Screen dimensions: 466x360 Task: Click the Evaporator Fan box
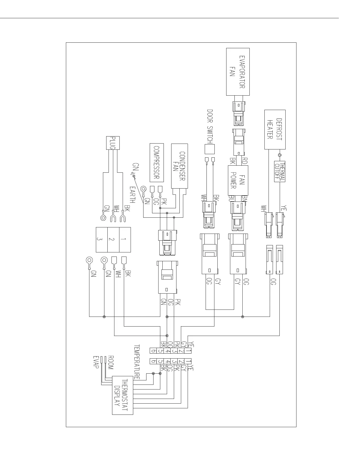click(x=238, y=72)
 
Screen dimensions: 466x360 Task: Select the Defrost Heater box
click(x=275, y=129)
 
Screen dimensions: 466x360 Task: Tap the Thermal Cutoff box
click(x=279, y=171)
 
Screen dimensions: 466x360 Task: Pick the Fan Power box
click(x=238, y=180)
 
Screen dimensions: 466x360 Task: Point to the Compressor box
click(x=156, y=163)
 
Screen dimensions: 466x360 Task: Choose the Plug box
click(x=112, y=143)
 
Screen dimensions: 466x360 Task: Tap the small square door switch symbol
click(x=210, y=149)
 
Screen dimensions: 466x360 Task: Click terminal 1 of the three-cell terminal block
click(x=125, y=239)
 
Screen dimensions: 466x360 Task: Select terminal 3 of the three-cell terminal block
click(x=102, y=239)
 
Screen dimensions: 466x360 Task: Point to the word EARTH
click(x=133, y=195)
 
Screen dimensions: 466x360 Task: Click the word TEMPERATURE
click(x=137, y=362)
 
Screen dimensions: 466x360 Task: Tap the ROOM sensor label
click(x=111, y=362)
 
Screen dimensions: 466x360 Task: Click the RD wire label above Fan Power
click(x=244, y=161)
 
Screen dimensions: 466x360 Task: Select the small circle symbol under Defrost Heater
click(x=280, y=155)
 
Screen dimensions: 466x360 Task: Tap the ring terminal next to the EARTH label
click(x=144, y=189)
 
